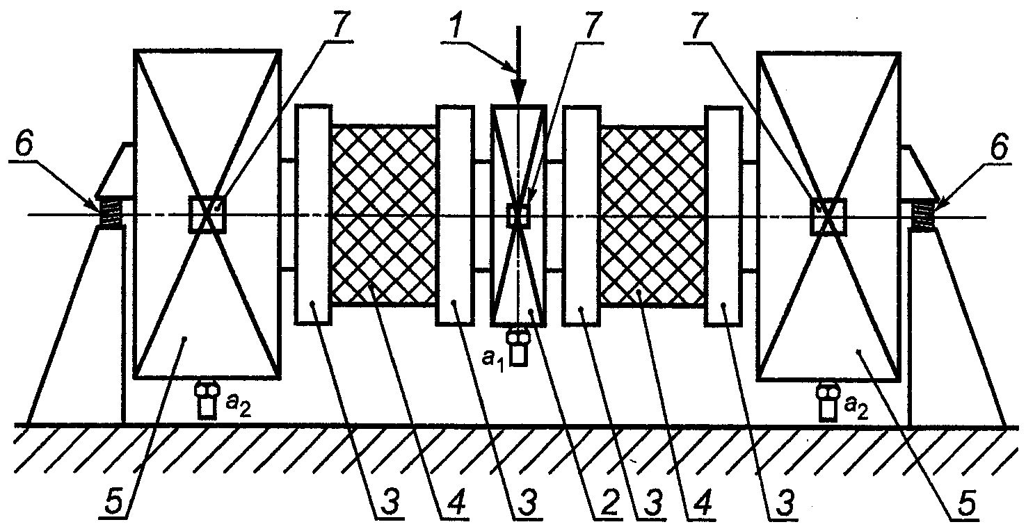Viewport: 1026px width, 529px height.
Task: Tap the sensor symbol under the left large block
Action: click(x=207, y=400)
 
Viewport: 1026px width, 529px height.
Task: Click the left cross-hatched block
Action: click(x=384, y=215)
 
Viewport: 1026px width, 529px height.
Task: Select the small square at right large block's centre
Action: click(x=828, y=215)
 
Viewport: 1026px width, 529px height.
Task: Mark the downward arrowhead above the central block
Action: click(x=519, y=95)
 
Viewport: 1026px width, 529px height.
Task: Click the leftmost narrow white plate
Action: click(x=313, y=214)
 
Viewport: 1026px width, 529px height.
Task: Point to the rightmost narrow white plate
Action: click(x=723, y=215)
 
